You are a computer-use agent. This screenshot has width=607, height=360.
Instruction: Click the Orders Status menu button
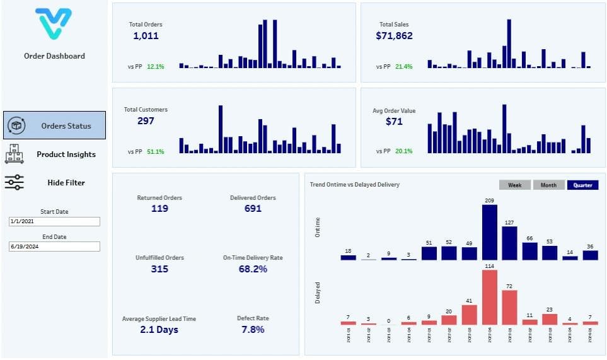[x=54, y=125]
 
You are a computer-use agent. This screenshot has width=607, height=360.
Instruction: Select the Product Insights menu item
[x=54, y=154]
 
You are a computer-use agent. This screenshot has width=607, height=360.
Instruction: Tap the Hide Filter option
[x=54, y=182]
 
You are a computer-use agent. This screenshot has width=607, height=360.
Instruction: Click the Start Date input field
[x=54, y=222]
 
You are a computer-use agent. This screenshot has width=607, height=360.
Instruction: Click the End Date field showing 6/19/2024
[x=54, y=247]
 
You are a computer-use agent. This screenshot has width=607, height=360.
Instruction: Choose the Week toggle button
[x=514, y=185]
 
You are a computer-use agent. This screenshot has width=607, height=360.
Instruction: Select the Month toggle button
[x=548, y=185]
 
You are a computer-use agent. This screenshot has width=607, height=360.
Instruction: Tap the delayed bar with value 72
[x=510, y=308]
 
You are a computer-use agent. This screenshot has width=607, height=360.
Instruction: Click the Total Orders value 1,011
[x=146, y=36]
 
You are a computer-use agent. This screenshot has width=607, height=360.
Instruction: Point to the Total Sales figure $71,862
[x=394, y=36]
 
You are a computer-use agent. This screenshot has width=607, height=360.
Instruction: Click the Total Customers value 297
[x=146, y=121]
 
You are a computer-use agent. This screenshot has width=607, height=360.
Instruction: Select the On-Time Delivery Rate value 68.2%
[x=253, y=269]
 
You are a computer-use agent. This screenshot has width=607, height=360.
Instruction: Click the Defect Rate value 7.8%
[x=253, y=330]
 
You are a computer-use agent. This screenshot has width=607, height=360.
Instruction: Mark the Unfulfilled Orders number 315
[x=159, y=269]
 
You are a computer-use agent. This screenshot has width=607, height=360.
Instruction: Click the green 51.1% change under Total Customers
[x=155, y=151]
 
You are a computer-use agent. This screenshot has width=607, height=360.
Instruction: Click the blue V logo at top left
[x=54, y=24]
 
